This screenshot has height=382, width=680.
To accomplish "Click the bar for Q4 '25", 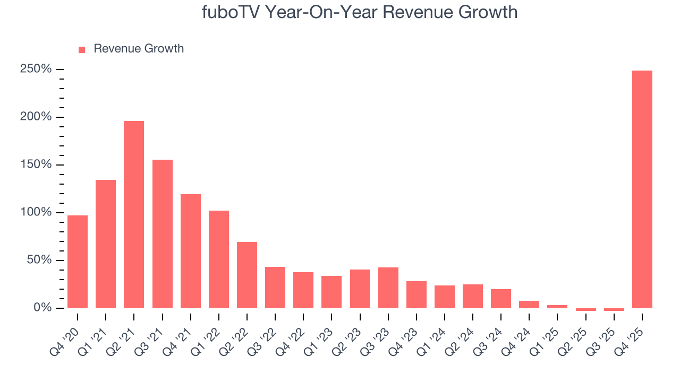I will click(x=642, y=189).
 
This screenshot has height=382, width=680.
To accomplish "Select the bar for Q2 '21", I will click(x=134, y=214).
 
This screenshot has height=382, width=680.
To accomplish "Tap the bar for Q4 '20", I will click(x=78, y=262).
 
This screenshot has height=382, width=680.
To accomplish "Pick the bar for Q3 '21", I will click(x=162, y=234).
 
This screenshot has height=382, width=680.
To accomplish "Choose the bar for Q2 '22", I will click(x=247, y=275).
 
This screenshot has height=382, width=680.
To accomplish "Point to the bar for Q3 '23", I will click(x=388, y=288).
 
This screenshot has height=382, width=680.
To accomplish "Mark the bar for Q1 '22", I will click(x=219, y=259).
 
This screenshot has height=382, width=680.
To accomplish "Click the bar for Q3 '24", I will click(x=501, y=299).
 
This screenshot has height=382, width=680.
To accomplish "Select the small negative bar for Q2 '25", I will click(x=585, y=309).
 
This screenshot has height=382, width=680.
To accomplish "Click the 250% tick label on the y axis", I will click(x=36, y=70).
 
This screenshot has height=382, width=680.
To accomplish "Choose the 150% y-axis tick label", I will click(x=36, y=165).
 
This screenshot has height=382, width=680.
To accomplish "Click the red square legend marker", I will click(x=82, y=49).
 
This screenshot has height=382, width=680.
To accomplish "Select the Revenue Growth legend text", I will click(x=139, y=49).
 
